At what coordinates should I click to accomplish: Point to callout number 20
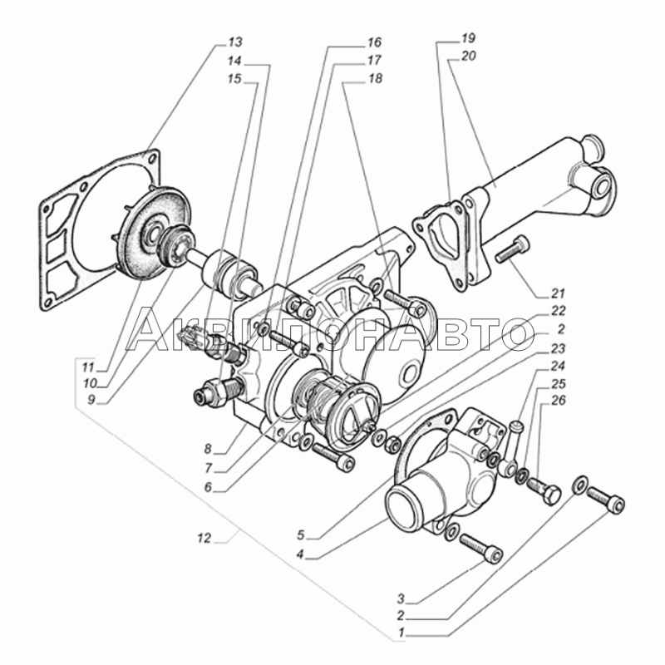467,57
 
